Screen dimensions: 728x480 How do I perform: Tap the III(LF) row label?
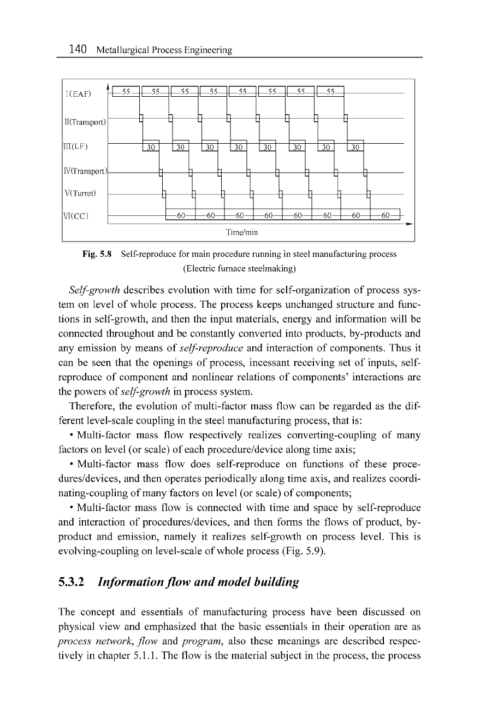click(x=76, y=146)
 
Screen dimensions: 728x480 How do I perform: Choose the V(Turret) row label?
click(x=80, y=193)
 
